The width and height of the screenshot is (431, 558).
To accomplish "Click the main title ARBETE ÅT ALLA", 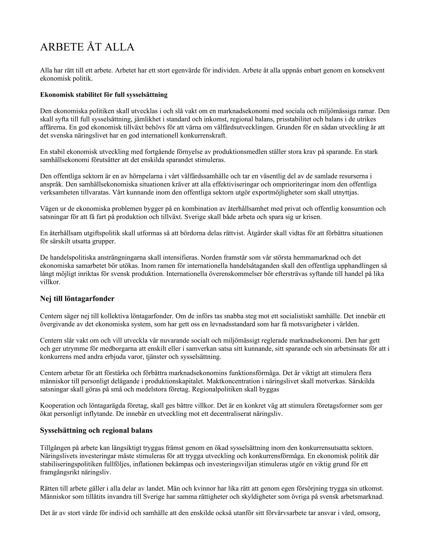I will (87, 47).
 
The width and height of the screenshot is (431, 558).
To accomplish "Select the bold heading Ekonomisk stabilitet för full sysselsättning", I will (104, 95).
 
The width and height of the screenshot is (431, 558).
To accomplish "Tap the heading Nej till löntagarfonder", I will (77, 299).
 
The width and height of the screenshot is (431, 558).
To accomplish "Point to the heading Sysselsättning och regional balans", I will (96, 431).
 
